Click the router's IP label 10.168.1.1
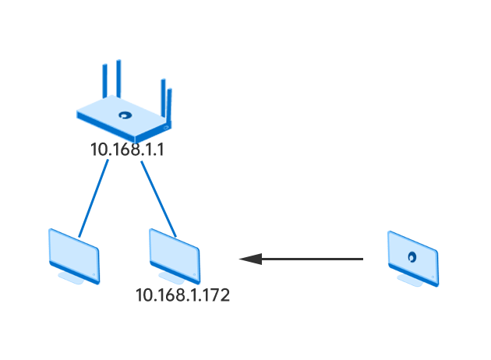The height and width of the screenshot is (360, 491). click(127, 150)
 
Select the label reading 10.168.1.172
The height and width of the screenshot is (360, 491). click(183, 295)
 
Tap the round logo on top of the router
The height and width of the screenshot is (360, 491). click(125, 115)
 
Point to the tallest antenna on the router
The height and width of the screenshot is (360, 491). click(118, 79)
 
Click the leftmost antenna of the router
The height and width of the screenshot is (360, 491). click(105, 81)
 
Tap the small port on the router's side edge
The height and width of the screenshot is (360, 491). click(166, 128)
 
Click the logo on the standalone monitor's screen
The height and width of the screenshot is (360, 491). click(412, 257)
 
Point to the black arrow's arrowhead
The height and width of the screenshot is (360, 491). click(250, 259)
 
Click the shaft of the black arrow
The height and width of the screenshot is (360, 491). click(313, 259)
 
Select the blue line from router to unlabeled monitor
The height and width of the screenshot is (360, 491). click(94, 199)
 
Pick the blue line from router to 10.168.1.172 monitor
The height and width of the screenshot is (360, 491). click(158, 199)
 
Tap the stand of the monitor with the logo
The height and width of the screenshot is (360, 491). click(410, 281)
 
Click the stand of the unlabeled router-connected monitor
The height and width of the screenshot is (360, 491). click(71, 278)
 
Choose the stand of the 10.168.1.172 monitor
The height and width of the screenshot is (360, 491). click(171, 278)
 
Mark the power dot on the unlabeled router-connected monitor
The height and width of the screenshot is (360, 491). click(94, 275)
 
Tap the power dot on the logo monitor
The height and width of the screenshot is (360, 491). click(433, 277)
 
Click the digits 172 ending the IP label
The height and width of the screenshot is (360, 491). click(217, 295)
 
